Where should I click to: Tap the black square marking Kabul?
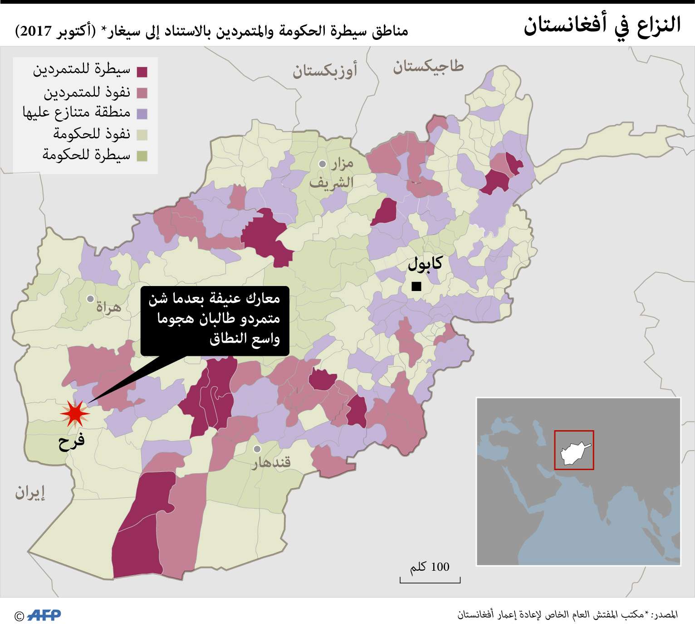pyautogui.click(x=416, y=286)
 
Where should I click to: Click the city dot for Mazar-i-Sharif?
pyautogui.click(x=323, y=164)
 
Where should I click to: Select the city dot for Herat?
pyautogui.click(x=91, y=299)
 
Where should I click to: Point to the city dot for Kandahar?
pyautogui.click(x=257, y=449)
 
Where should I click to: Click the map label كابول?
pyautogui.click(x=425, y=263)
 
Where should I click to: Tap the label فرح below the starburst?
pyautogui.click(x=71, y=441)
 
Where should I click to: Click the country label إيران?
pyautogui.click(x=30, y=492)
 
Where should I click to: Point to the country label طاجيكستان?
pyautogui.click(x=428, y=67)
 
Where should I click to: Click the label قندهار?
pyautogui.click(x=271, y=462)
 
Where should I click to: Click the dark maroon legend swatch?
pyautogui.click(x=142, y=72)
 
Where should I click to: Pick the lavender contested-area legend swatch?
pyautogui.click(x=142, y=113)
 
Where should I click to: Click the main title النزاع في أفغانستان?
pyautogui.click(x=602, y=25)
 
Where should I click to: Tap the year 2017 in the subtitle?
pyautogui.click(x=35, y=31)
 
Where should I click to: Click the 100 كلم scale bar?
pyautogui.click(x=430, y=579)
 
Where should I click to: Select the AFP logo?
pyautogui.click(x=44, y=615)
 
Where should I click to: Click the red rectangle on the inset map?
pyautogui.click(x=574, y=450)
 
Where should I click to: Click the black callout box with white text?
pyautogui.click(x=215, y=320)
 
